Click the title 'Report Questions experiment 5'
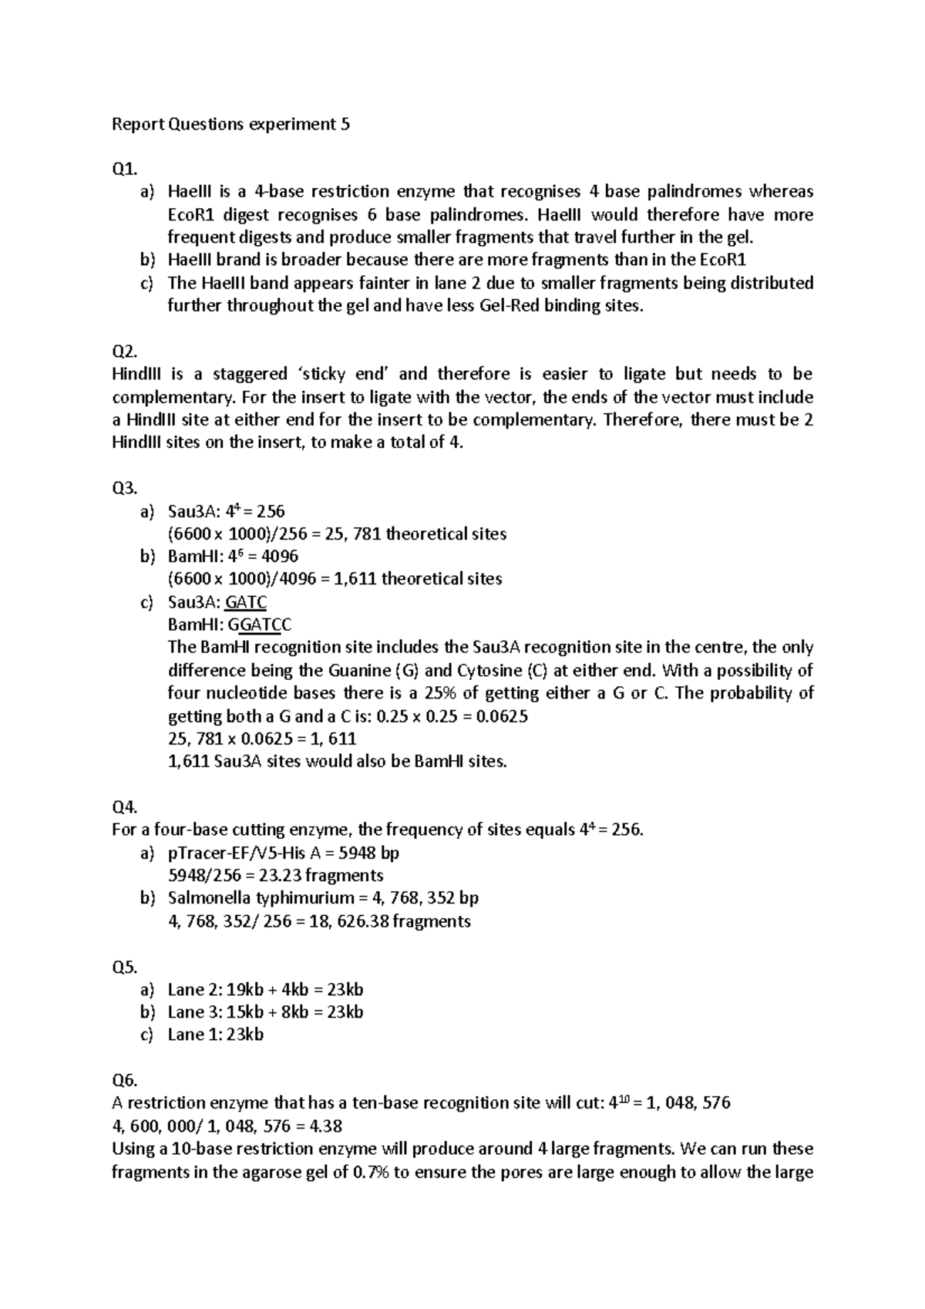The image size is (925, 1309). tap(230, 124)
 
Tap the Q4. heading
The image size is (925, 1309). tap(124, 807)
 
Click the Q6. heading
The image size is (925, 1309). tap(124, 1080)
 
